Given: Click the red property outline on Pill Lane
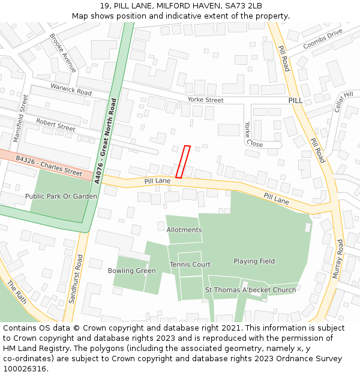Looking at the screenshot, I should coord(183,162).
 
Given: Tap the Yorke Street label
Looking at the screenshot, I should coord(205,100).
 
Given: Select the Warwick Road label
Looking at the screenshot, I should coord(71,90).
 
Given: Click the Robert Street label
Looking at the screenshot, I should coord(55,125).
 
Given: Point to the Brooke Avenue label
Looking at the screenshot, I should coord(63,53).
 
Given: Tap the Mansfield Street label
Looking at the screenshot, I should coord(20,118).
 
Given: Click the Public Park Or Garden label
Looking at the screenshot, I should coord(61,196).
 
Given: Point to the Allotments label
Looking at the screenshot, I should coord(184,230).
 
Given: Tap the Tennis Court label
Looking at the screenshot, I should coord(190,265).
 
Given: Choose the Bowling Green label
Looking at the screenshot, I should coord(132,271).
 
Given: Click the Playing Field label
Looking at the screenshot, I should coord(254,261).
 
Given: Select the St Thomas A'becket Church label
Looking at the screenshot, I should coord(251,290).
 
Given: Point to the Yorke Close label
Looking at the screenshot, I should coord(251,134).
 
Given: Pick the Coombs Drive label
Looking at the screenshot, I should coord(323,38).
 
